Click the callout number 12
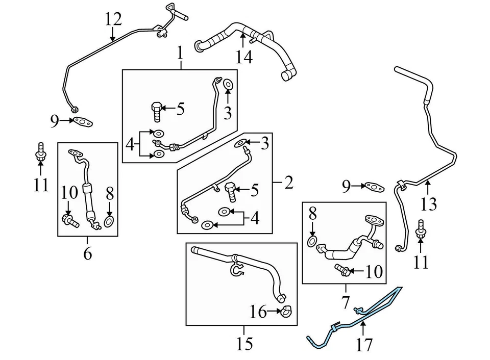(113, 19)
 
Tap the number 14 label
(244, 57)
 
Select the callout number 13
(429, 204)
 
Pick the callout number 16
(258, 311)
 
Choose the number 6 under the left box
(87, 253)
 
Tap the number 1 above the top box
(180, 52)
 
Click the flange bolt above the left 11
(39, 151)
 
